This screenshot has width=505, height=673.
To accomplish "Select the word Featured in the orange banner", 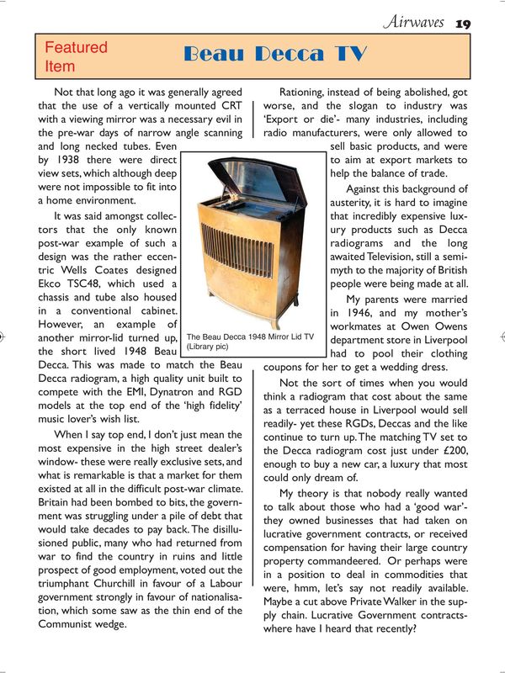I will point(76,48).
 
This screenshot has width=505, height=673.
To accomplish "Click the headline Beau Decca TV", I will point(274,55).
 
